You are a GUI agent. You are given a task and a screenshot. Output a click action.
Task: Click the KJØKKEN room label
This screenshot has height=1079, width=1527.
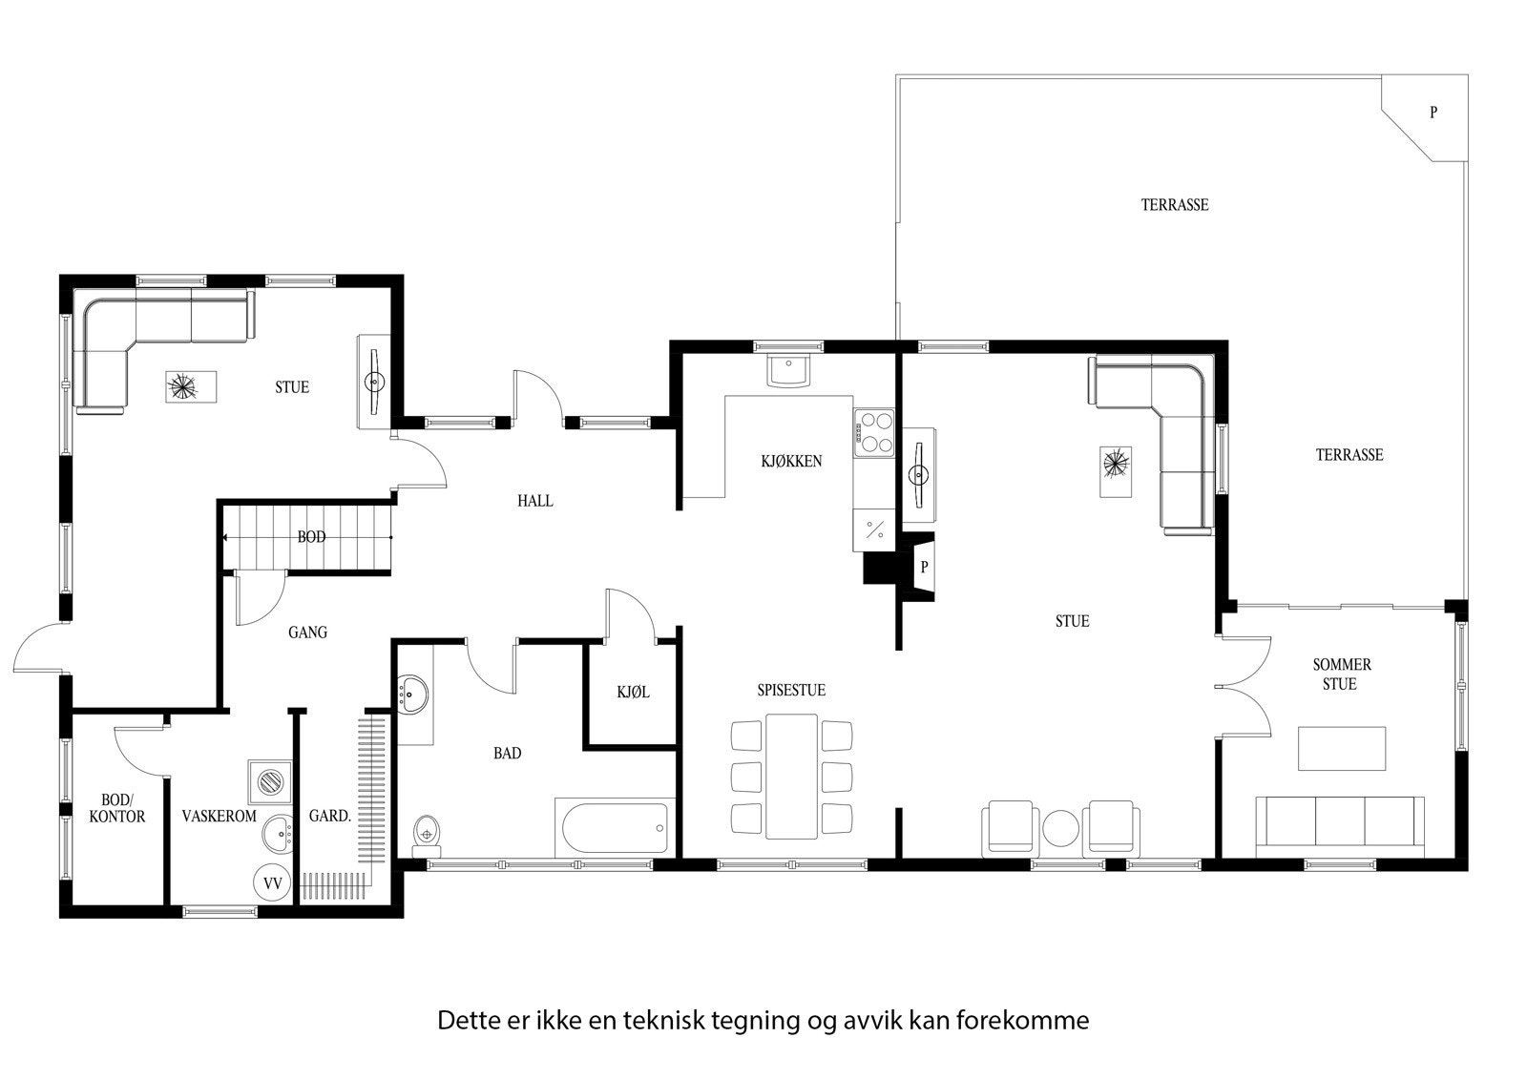791,462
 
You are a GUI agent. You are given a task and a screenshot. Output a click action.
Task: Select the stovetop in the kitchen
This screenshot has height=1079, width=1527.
875,430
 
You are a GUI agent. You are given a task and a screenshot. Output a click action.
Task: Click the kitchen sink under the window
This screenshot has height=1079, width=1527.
789,369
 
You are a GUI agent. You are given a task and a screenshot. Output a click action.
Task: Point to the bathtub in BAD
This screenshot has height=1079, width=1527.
613,828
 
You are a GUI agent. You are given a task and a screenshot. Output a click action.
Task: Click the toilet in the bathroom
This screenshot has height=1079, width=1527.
426,832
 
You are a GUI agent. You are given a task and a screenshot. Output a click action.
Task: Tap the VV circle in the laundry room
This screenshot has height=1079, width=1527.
272,883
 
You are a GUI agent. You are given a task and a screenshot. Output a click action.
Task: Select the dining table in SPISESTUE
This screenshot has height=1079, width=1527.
791,776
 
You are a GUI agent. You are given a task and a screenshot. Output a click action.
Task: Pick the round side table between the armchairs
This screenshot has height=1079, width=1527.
1060,828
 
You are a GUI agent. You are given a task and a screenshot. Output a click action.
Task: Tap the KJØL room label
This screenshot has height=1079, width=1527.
633,693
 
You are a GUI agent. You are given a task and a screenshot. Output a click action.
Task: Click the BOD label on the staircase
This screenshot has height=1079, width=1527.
311,537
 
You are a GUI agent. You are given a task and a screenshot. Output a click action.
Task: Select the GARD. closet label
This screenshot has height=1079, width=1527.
330,817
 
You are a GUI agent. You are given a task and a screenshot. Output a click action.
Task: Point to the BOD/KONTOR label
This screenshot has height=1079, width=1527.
123,809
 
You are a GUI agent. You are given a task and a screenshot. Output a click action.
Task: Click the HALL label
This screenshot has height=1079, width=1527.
534,501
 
